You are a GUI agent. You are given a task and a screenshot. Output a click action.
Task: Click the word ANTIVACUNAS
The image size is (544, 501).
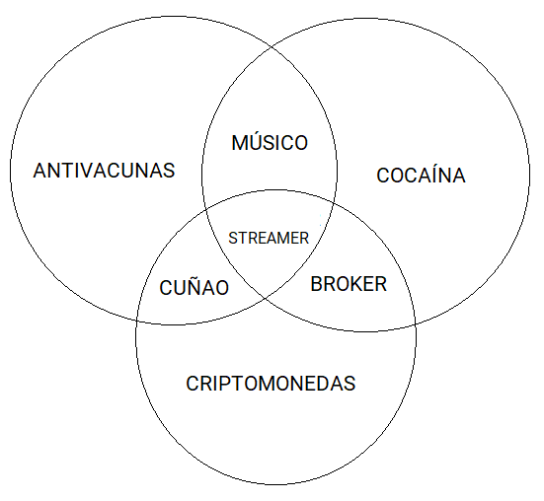pos(104,171)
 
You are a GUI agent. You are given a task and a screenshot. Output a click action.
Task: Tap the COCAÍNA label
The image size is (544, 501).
pos(421,175)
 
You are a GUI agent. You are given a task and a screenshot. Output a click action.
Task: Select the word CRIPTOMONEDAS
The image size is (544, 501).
pos(271,384)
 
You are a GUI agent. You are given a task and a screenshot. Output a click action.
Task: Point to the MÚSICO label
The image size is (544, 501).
pos(270,142)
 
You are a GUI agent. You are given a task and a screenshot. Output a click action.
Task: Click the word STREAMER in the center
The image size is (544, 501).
pos(269,238)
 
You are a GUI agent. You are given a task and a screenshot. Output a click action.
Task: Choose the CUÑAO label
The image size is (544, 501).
pos(194,287)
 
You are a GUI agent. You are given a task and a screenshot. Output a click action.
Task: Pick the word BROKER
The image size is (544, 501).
pos(349,284)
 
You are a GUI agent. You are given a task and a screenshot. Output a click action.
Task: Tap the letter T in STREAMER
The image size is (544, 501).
pos(243,238)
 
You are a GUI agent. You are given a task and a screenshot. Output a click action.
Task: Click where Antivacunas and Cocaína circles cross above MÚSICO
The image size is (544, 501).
pos(271,45)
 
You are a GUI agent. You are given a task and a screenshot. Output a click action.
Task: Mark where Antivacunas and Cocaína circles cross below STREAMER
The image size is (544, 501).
pos(266,298)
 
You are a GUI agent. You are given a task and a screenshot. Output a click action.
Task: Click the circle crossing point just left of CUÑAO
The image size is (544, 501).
pos(137,321)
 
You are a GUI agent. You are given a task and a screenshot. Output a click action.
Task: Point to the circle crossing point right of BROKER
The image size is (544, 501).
pos(416,324)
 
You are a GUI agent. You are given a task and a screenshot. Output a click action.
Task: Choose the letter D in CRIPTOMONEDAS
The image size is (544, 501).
pos(324,384)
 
